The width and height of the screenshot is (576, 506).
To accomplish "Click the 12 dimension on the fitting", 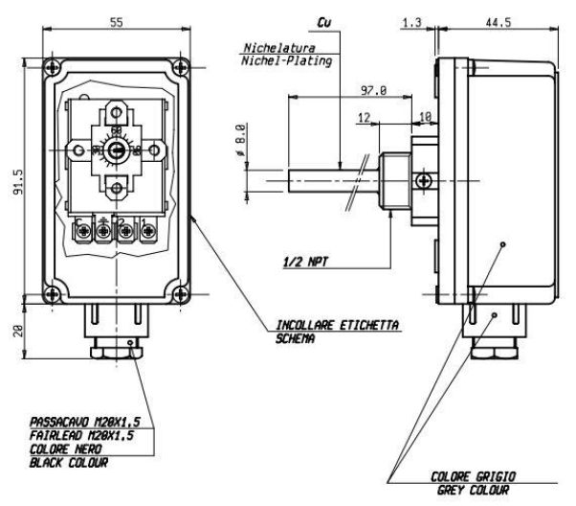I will (365, 116).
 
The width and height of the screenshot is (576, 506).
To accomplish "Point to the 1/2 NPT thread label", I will (308, 260).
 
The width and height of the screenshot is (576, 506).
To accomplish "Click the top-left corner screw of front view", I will (51, 69).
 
